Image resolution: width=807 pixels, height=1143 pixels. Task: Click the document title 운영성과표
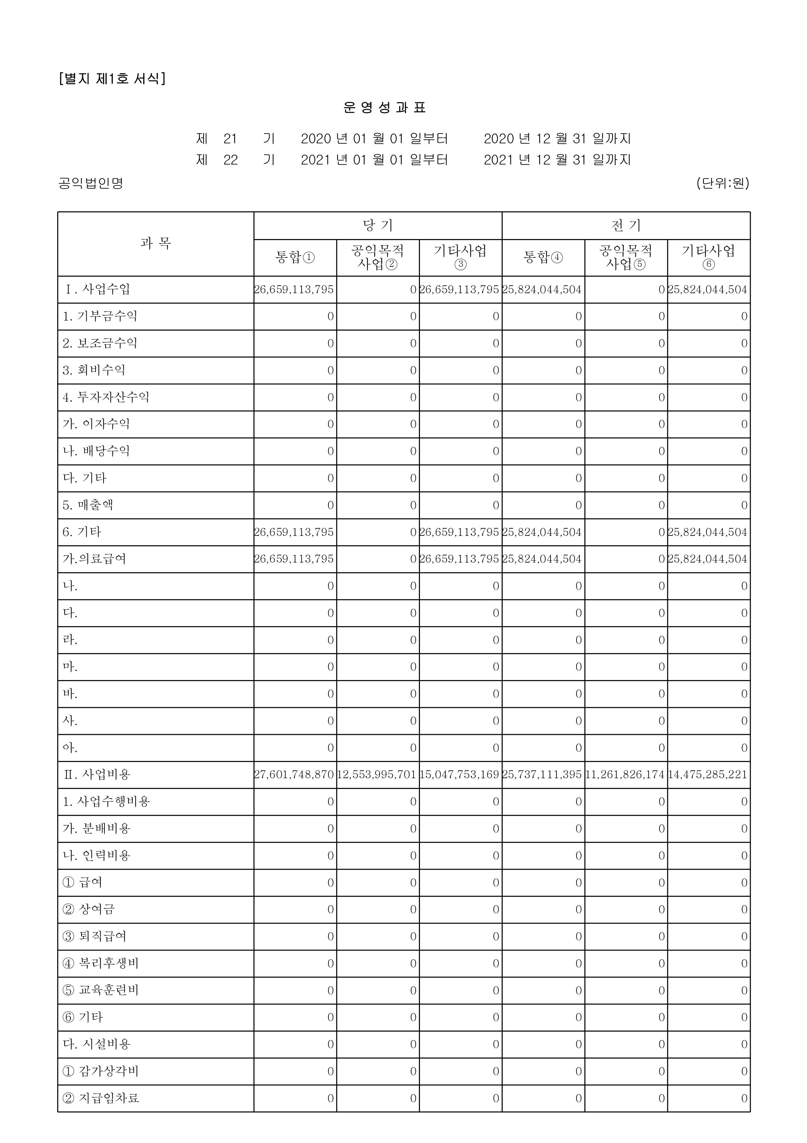[384, 107]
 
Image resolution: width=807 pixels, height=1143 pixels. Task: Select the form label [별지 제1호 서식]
[112, 79]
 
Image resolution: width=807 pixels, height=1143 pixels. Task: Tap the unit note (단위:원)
[722, 183]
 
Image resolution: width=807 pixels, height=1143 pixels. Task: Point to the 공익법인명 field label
[90, 183]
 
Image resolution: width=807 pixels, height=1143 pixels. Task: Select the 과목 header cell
[156, 243]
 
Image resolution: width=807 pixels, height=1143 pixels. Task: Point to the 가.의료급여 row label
[94, 559]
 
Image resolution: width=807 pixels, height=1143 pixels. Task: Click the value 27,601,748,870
[294, 775]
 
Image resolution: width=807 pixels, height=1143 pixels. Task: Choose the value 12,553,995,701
[377, 775]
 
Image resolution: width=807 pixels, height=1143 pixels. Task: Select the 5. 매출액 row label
[88, 505]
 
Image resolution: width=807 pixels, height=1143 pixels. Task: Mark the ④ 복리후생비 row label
[101, 963]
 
